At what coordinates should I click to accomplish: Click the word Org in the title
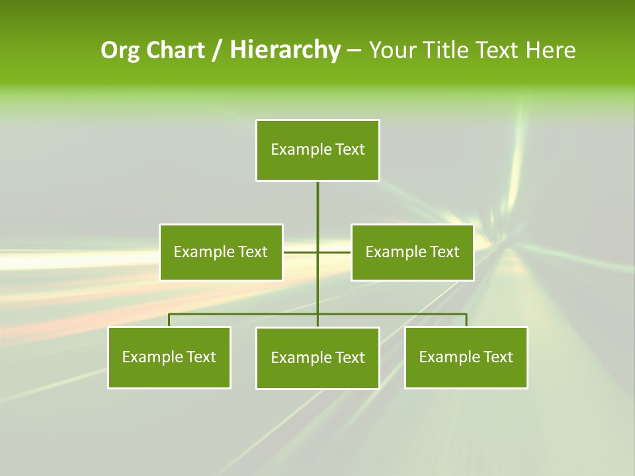120,50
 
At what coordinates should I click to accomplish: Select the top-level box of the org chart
317,150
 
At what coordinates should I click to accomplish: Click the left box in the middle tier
221,252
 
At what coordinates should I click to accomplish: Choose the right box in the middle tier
412,252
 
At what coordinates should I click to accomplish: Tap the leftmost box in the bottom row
169,357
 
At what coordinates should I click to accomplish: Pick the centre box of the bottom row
317,358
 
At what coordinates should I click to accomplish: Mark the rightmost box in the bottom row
466,357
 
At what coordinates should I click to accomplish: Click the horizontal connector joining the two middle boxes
301,252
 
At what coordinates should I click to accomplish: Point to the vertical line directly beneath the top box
317,205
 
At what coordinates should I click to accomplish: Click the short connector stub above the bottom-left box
169,320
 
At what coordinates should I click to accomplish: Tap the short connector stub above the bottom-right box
466,320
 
